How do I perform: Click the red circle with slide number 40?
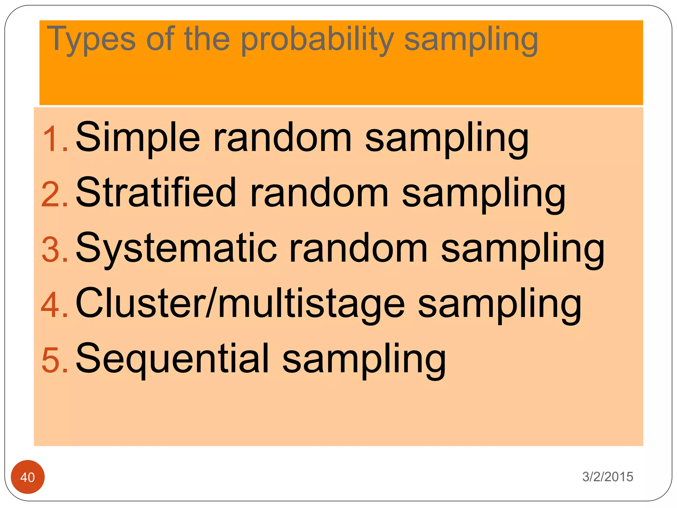point(28,477)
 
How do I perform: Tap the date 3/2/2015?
point(608,477)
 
